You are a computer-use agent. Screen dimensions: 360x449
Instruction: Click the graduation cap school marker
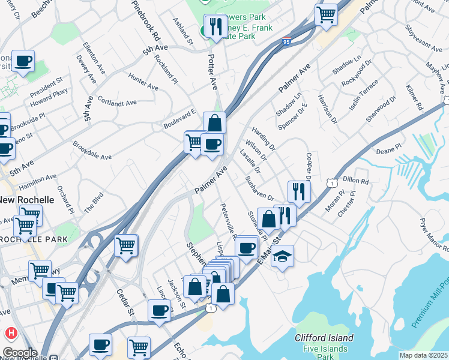(282, 256)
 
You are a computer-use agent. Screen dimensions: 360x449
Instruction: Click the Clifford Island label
(324, 338)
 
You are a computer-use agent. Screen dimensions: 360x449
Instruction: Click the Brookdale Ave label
(92, 151)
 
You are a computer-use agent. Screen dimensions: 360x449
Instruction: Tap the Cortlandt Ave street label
(117, 103)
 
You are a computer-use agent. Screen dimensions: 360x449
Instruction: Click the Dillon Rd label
(356, 180)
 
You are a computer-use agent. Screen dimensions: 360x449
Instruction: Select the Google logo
(19, 353)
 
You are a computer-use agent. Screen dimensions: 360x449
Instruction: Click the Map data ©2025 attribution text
(423, 355)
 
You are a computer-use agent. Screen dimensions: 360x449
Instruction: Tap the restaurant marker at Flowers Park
(214, 26)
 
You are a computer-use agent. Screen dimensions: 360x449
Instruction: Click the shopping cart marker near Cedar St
(126, 245)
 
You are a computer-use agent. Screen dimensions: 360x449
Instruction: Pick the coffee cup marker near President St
(23, 61)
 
